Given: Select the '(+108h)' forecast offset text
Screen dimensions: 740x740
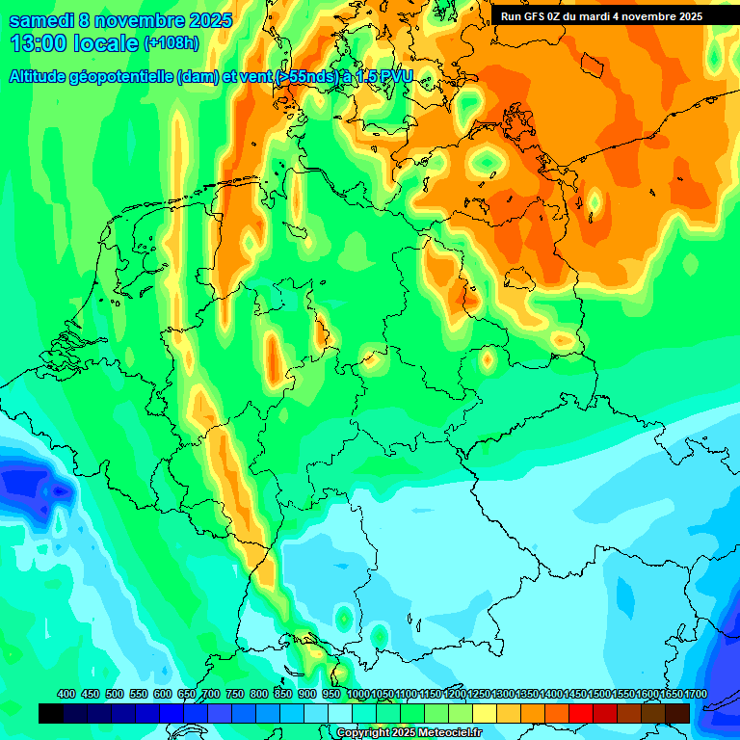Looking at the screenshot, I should [172, 43].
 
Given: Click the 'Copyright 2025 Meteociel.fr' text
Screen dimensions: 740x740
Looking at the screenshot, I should [409, 733].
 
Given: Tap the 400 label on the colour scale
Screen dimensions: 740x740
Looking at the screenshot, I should [66, 694].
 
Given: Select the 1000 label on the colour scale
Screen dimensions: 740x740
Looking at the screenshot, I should [357, 694].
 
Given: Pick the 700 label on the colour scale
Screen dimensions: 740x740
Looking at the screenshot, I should [211, 694].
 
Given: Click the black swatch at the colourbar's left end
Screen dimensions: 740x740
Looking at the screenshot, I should [51, 713].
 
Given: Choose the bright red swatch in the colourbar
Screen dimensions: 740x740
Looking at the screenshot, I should [581, 713].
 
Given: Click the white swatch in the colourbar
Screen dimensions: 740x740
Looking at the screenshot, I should [340, 713].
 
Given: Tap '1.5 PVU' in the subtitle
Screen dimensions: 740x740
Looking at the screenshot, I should [383, 76].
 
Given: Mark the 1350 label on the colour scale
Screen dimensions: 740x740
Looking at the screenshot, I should [527, 694].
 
